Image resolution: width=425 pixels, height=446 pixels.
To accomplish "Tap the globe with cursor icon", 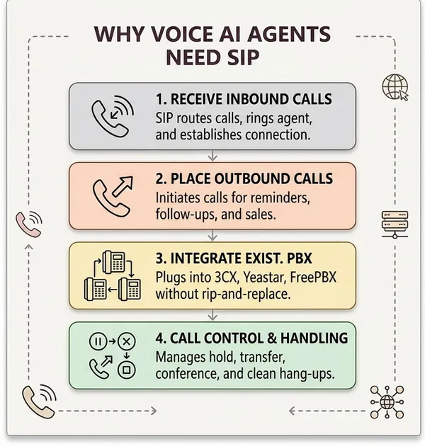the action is [395, 87].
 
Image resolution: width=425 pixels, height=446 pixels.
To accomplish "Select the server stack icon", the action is [395, 224].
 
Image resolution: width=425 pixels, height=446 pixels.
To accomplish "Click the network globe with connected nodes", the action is [387, 401].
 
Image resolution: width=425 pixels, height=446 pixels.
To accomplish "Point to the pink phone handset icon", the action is [29, 224].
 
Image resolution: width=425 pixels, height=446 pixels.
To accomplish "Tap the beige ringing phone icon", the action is [39, 401].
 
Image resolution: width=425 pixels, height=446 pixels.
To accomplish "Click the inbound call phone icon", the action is [113, 116].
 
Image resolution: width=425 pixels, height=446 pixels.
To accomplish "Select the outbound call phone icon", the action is [113, 197].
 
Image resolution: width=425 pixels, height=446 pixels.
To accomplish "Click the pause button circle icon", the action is [98, 341].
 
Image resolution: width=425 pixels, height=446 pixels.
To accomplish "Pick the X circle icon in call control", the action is [127, 341].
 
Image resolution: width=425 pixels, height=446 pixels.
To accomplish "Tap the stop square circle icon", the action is [127, 370].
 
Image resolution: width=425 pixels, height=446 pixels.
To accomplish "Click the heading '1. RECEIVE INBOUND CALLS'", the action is [244, 99].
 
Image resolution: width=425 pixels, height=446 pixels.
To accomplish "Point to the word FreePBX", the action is [313, 277].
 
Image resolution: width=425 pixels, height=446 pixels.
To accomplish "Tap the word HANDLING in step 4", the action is [314, 338].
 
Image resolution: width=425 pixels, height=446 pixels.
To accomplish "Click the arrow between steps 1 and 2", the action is [212, 156].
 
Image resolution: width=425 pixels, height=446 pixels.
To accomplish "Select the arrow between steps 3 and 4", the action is [212, 315].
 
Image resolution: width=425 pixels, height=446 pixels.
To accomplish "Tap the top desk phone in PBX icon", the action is [114, 262].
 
